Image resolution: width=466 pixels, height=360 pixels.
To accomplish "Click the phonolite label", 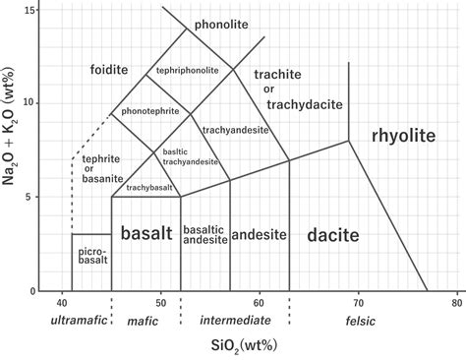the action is coord(221,25).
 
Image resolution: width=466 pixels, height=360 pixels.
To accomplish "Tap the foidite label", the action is coord(109,70).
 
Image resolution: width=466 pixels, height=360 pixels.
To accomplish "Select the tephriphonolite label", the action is coord(188,71).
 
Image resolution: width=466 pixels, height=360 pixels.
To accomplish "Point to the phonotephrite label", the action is coord(150,111).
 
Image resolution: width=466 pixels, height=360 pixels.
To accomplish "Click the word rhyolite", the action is coord(404,136).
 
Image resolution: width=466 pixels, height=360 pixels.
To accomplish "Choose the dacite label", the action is coord(333,235).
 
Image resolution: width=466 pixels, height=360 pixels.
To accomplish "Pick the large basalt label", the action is coord(146,233).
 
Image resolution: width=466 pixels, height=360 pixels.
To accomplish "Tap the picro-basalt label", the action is coord(93,256).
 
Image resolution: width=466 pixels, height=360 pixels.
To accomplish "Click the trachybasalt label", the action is coord(149,188).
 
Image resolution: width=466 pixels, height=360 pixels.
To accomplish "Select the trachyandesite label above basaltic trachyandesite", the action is coord(236,131).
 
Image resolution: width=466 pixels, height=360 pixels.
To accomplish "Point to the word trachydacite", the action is coord(305,104).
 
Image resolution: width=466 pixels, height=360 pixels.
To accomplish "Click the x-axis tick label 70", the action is coord(359,303).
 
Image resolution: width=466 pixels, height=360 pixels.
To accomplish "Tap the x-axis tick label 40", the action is coord(62,303).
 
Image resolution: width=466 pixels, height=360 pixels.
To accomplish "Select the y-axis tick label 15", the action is coord(29,10).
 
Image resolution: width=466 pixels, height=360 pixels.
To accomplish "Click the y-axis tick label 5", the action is coord(32,197).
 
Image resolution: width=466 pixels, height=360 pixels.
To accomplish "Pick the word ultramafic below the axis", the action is coord(79,320).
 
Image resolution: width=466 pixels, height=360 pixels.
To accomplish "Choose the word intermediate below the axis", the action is coord(236,320).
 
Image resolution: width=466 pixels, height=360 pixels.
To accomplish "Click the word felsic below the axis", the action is coord(361,321).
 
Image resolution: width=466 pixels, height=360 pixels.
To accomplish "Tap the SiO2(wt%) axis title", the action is coord(244,346).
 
